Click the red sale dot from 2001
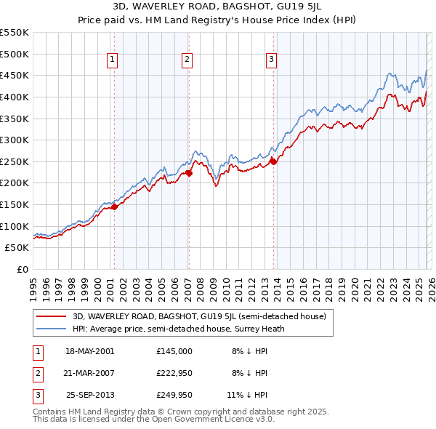(x=114, y=207)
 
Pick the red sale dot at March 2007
(x=189, y=173)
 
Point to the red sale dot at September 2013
(x=273, y=161)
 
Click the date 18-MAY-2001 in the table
(x=89, y=351)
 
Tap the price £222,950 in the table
(x=174, y=373)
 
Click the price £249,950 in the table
(x=174, y=396)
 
